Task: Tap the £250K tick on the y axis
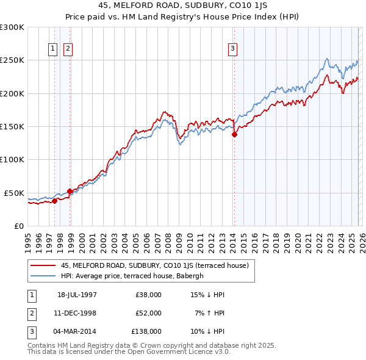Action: [x=12, y=60]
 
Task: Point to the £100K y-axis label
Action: [x=12, y=159]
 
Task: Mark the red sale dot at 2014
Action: [x=234, y=135]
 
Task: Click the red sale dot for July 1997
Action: [x=55, y=200]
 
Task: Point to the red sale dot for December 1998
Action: [x=70, y=191]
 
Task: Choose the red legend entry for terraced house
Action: [x=154, y=265]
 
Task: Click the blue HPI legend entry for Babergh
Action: [x=134, y=276]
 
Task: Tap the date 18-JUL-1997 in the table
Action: [x=77, y=295]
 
